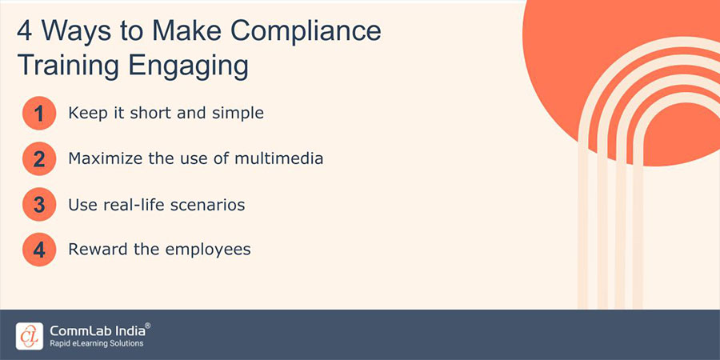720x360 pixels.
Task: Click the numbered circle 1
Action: coord(38,114)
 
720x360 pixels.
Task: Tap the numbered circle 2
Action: coord(38,159)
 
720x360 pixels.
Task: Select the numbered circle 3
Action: coord(38,205)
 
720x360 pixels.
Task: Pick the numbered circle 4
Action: coord(38,250)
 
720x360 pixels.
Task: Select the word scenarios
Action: coord(206,205)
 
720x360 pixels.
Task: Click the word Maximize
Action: coord(106,158)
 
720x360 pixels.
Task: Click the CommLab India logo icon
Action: coord(29,334)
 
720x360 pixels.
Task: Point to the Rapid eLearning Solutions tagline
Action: coord(95,344)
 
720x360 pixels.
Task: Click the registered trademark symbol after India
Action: coord(147,325)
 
